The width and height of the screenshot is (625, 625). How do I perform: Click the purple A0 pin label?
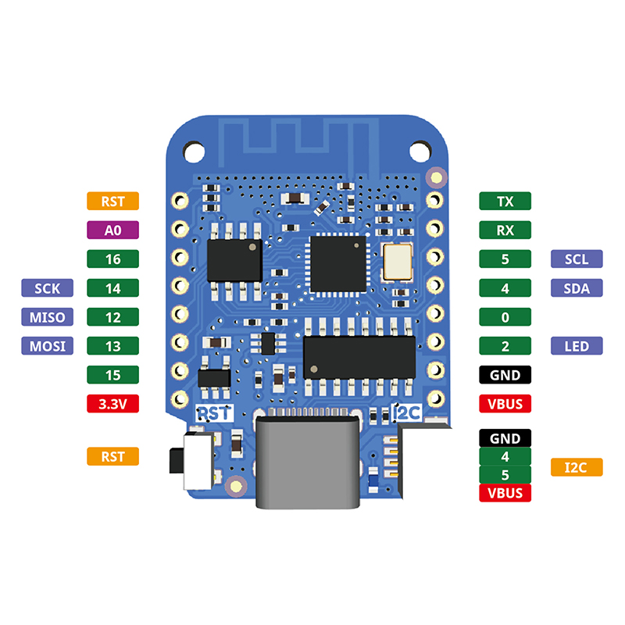(x=112, y=230)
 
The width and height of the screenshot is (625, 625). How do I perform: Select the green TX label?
(x=505, y=201)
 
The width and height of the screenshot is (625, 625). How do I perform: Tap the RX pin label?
(x=505, y=230)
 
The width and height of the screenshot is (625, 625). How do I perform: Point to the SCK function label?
(x=47, y=288)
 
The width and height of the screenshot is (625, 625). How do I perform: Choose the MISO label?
(x=47, y=317)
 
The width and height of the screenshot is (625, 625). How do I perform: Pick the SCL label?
(x=577, y=259)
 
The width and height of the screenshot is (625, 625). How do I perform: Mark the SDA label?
(x=577, y=287)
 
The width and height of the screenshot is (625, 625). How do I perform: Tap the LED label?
(x=577, y=345)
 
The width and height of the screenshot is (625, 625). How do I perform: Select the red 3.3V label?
(x=112, y=404)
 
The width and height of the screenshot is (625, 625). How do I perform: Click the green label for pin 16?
(x=112, y=259)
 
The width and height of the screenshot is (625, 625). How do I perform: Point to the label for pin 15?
(x=112, y=375)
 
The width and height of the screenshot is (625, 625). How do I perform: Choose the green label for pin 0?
(x=505, y=317)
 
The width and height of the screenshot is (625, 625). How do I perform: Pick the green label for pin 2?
(x=505, y=345)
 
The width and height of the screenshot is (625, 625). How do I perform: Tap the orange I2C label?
(x=577, y=467)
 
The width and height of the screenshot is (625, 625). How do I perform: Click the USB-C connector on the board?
(x=307, y=461)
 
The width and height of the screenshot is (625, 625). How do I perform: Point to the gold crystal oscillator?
(x=398, y=261)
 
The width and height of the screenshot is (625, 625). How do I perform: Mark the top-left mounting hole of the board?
(x=191, y=148)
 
